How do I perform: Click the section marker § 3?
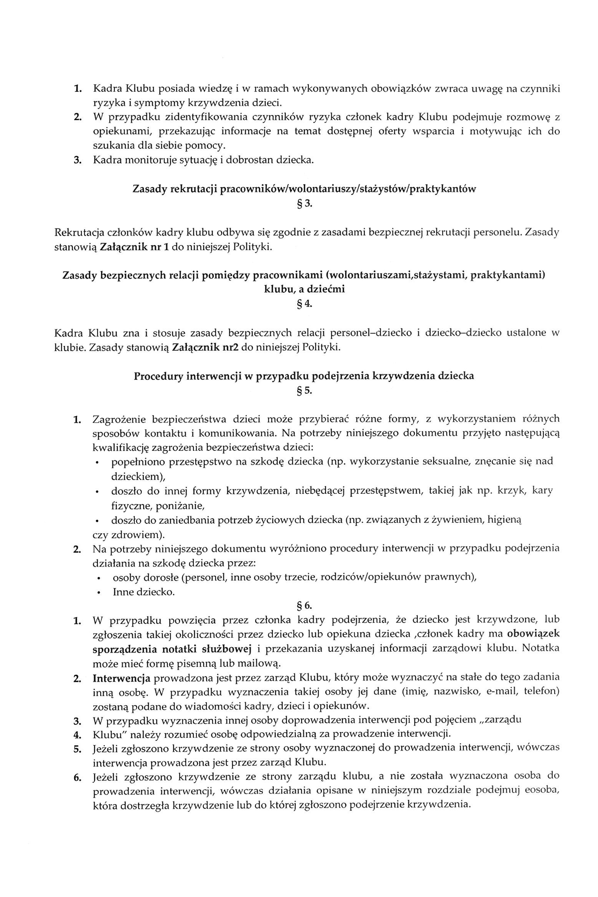[304, 204]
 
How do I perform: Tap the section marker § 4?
[304, 304]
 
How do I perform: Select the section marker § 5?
[304, 391]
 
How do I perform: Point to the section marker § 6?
[304, 605]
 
